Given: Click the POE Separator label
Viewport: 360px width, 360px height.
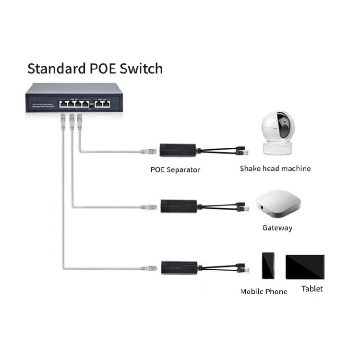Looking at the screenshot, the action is click(x=175, y=169).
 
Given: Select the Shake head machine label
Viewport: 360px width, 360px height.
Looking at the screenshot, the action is click(x=275, y=168).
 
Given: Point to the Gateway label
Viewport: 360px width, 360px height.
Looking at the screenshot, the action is click(x=277, y=228).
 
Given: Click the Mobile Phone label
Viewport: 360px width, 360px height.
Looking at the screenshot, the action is click(x=264, y=291).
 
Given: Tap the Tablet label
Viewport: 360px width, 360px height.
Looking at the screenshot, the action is click(x=312, y=288).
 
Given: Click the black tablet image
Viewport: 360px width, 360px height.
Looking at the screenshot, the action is click(x=305, y=267).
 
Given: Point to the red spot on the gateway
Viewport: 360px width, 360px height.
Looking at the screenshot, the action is click(x=262, y=208).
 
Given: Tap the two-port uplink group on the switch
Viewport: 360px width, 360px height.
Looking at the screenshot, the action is click(x=103, y=103).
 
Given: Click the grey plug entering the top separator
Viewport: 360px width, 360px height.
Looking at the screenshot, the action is click(x=149, y=152).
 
